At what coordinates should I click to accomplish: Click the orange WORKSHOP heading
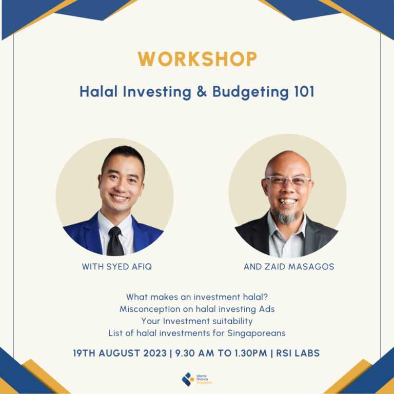coord(197,59)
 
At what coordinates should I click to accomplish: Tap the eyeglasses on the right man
coord(287,182)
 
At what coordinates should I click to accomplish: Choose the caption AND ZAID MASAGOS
coord(288,267)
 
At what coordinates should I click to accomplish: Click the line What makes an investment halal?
coord(197,297)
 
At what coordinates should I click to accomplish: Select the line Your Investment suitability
coord(197,321)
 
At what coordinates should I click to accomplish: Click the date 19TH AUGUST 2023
coord(119,353)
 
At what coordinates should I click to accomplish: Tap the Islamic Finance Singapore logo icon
coord(188,379)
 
